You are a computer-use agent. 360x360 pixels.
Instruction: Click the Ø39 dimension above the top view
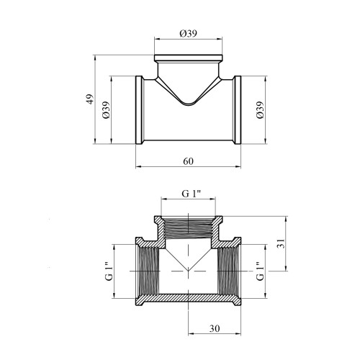click(x=188, y=33)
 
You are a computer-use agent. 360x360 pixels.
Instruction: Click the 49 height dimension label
click(x=89, y=99)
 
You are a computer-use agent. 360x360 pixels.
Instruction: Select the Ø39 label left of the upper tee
click(x=106, y=109)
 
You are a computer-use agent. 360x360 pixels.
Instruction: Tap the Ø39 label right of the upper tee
click(x=260, y=109)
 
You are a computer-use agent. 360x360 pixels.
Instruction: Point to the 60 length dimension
click(x=188, y=161)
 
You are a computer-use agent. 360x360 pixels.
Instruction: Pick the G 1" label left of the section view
click(x=109, y=271)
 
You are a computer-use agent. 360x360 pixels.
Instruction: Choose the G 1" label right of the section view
click(x=260, y=271)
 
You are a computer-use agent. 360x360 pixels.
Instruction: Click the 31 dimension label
click(x=281, y=243)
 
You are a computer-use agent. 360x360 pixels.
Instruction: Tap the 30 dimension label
click(x=215, y=328)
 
